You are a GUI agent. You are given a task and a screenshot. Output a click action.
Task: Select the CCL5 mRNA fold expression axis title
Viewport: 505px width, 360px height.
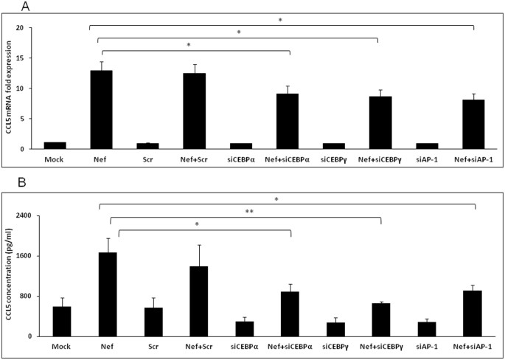[10, 89]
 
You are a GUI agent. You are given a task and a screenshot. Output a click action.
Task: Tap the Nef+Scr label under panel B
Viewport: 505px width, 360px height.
[194, 345]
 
